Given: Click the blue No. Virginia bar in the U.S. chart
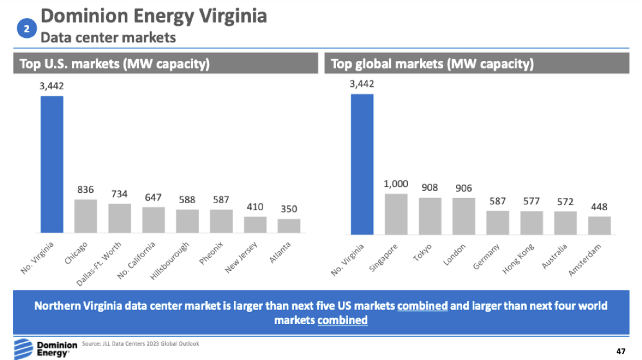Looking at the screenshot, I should [x=51, y=165].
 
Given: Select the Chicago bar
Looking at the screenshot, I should [x=86, y=216].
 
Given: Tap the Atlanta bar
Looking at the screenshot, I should [x=289, y=226].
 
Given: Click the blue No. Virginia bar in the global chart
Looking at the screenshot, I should [x=362, y=165].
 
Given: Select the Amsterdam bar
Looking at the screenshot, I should [x=599, y=225].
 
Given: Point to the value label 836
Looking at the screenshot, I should [x=86, y=190].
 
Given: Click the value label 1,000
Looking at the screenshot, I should [x=396, y=184].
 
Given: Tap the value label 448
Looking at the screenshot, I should [x=599, y=207].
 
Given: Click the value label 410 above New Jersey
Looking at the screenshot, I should [x=255, y=207].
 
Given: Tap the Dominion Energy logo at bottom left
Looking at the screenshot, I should [x=39, y=347].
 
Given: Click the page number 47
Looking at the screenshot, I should [x=620, y=351].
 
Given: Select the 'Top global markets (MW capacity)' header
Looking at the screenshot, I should [x=432, y=64].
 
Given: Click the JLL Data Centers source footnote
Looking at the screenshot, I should [x=140, y=344].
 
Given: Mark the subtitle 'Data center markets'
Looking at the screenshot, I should [x=108, y=37].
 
